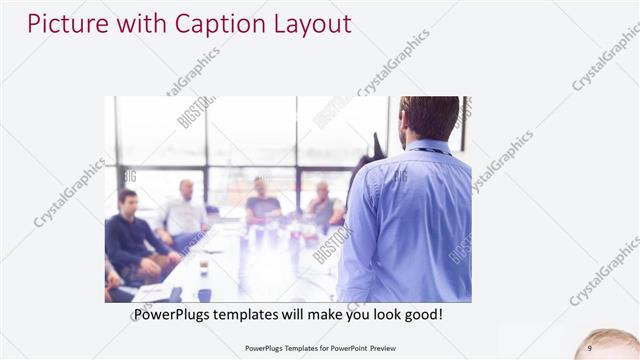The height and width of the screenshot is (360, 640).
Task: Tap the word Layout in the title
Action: [x=310, y=23]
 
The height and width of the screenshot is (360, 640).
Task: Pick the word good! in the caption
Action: [x=421, y=315]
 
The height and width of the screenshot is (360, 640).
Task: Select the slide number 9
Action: [x=590, y=347]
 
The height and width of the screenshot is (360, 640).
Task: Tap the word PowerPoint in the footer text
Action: [x=342, y=348]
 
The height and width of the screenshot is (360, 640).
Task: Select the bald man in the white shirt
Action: [x=183, y=212]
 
